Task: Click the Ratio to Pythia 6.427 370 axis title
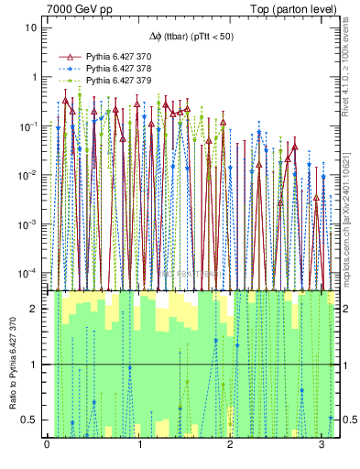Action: click(12, 365)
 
